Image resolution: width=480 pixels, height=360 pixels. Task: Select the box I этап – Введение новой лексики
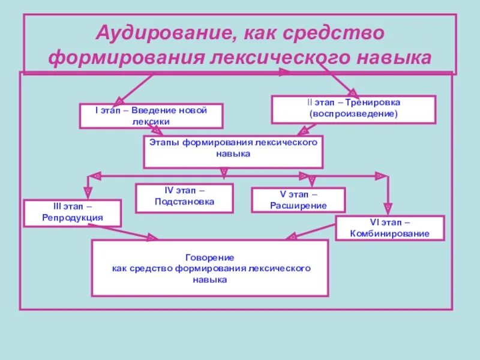pyautogui.click(x=151, y=116)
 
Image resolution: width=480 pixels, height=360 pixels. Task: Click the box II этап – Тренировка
pyautogui.click(x=354, y=109)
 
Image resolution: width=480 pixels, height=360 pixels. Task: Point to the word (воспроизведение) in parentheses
pyautogui.click(x=354, y=114)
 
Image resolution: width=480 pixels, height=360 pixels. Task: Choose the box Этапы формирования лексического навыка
pyautogui.click(x=233, y=151)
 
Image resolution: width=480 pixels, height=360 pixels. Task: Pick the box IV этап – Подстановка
pyautogui.click(x=184, y=197)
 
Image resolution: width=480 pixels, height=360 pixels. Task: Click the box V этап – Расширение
pyautogui.click(x=298, y=200)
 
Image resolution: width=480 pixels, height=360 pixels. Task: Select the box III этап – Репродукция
pyautogui.click(x=73, y=213)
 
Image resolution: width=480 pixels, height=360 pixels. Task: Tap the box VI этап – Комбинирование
pyautogui.click(x=390, y=228)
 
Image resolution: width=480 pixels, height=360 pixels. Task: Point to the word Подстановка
pyautogui.click(x=184, y=202)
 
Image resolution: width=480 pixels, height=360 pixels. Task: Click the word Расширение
pyautogui.click(x=298, y=205)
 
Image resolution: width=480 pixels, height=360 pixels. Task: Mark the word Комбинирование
pyautogui.click(x=390, y=233)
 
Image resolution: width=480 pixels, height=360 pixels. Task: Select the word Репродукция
pyautogui.click(x=73, y=218)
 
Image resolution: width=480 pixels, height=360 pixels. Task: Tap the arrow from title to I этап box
pyautogui.click(x=135, y=87)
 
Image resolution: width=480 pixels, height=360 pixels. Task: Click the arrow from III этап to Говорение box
pyautogui.click(x=135, y=232)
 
